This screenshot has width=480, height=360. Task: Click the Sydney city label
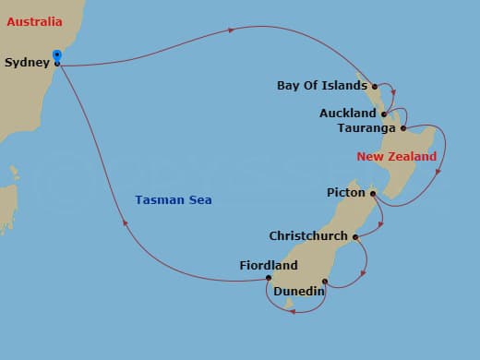click(x=26, y=63)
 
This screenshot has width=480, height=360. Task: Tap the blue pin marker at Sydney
click(x=57, y=56)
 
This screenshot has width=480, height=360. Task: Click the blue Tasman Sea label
click(x=173, y=199)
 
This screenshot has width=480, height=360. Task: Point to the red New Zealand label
click(x=397, y=157)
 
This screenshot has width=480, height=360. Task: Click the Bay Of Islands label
click(x=321, y=86)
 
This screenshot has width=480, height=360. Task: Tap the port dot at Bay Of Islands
click(x=375, y=87)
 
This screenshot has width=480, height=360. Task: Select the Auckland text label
click(x=347, y=114)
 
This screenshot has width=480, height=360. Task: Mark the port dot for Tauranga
click(x=403, y=128)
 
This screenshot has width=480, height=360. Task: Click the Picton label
click(x=346, y=193)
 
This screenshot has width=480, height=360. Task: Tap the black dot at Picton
click(x=372, y=193)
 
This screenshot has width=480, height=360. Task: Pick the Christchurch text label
click(x=308, y=235)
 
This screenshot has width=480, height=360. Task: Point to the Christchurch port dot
click(x=355, y=236)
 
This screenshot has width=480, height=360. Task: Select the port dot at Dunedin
click(x=325, y=282)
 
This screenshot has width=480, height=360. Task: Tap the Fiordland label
click(x=268, y=266)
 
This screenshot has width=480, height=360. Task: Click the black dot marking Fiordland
click(x=269, y=278)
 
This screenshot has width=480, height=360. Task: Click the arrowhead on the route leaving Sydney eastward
click(x=231, y=30)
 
